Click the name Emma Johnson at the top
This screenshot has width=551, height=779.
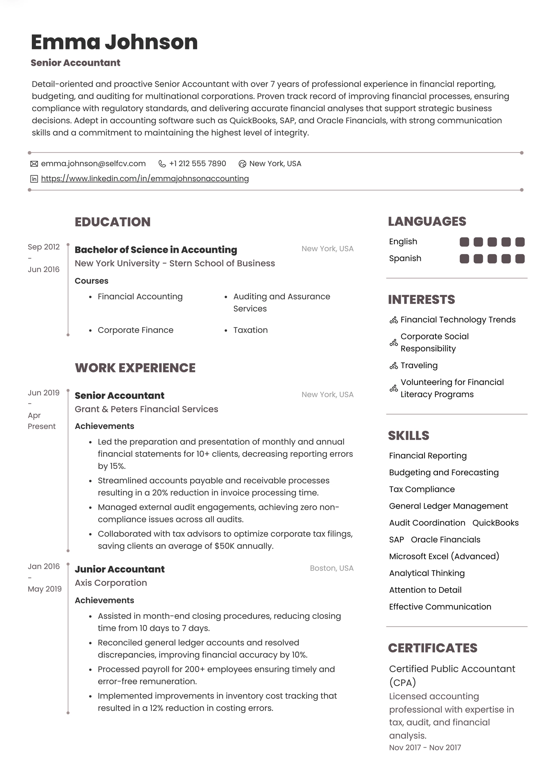[x=114, y=42]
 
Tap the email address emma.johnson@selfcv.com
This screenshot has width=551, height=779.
[x=93, y=163]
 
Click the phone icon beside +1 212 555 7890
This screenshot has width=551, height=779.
[x=162, y=164]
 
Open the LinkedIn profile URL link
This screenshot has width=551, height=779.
[x=145, y=179]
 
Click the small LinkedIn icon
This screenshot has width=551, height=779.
[x=34, y=179]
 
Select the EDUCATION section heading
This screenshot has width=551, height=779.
[x=113, y=222]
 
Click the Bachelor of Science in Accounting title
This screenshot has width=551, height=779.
[x=156, y=250]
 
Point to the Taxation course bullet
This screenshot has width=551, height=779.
[x=250, y=330]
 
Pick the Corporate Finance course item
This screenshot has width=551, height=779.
[x=136, y=330]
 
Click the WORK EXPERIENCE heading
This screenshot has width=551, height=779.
[x=135, y=368]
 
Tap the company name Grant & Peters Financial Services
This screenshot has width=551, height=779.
[x=146, y=409]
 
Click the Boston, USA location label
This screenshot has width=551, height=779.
[x=331, y=568]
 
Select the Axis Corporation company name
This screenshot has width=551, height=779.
[x=111, y=583]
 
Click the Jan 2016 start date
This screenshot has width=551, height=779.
[x=44, y=567]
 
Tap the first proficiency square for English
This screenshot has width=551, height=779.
[x=464, y=242]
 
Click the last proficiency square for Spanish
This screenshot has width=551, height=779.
[x=520, y=259]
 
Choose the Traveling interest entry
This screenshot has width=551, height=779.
[x=419, y=366]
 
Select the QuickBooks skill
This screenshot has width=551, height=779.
[x=495, y=523]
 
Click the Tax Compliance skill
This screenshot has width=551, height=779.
[x=422, y=489]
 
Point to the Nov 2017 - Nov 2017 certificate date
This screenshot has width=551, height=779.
[x=425, y=748]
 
